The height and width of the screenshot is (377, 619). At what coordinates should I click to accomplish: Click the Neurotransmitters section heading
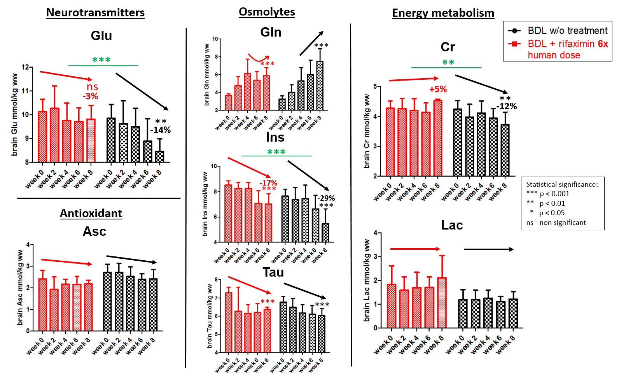tap(95, 12)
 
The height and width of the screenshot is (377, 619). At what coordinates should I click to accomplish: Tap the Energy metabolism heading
tap(443, 13)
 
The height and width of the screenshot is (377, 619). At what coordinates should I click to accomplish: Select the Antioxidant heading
tap(91, 213)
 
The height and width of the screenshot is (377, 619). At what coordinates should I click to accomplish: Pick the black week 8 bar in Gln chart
tap(320, 86)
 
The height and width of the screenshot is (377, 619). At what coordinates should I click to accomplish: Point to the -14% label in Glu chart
tap(161, 130)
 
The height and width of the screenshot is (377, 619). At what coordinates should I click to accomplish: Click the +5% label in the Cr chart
tap(438, 89)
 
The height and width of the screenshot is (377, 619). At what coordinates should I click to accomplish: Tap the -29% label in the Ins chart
tap(326, 198)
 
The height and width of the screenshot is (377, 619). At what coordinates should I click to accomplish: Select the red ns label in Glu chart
tap(92, 87)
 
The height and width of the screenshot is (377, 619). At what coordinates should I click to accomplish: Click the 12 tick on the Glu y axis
tap(25, 67)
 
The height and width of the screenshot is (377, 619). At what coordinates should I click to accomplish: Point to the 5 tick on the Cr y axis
tap(375, 86)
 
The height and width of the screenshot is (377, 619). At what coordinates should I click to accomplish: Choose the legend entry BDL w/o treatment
tap(567, 31)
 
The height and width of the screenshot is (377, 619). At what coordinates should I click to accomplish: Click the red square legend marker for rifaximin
tap(514, 44)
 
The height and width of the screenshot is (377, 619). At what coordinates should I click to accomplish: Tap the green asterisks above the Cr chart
tap(448, 63)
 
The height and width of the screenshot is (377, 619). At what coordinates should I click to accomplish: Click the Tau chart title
tap(273, 272)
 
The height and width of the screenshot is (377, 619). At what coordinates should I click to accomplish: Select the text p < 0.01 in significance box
tap(552, 203)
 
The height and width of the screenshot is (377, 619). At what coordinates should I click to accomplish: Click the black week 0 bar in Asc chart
tap(107, 302)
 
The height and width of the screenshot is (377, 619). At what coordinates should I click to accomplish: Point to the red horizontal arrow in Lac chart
tap(415, 249)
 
